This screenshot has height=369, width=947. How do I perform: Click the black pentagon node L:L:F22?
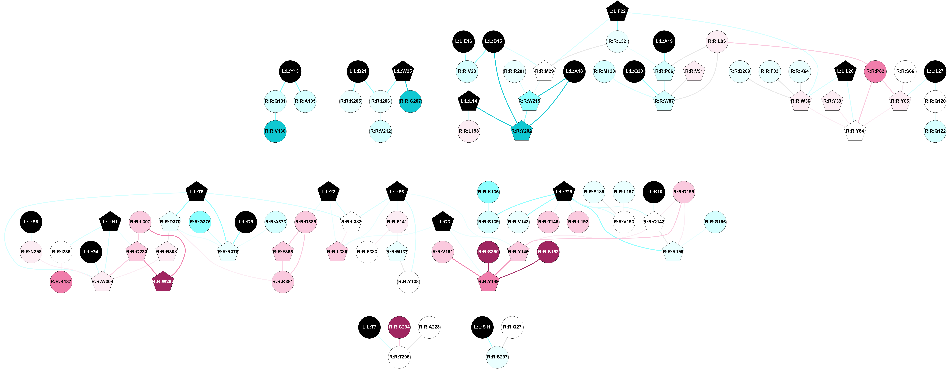[x=617, y=11]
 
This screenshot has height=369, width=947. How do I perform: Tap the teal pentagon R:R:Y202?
[x=521, y=131]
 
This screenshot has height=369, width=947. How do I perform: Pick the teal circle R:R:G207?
[x=410, y=101]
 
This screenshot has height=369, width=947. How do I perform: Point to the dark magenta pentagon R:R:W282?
[x=163, y=282]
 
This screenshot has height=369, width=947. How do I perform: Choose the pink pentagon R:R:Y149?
[x=488, y=282]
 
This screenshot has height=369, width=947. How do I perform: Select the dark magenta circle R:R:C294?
[x=399, y=327]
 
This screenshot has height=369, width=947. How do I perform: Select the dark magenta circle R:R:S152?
[x=548, y=252]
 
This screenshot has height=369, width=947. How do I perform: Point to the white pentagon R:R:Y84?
[x=855, y=131]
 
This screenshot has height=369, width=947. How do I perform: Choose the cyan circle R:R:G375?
[x=200, y=222]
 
